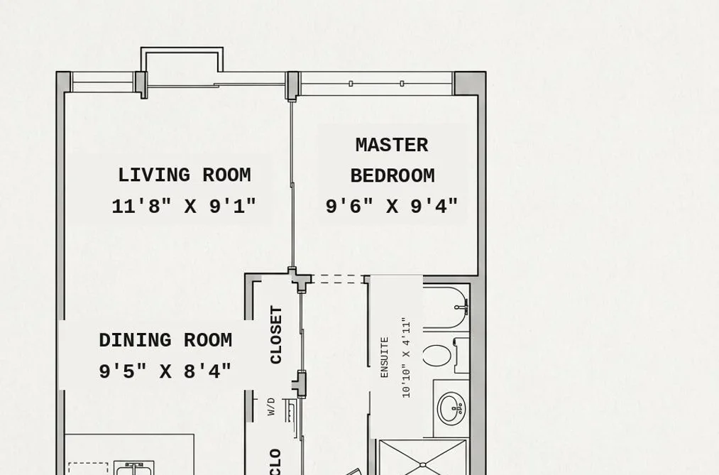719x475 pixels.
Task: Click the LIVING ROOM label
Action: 185,175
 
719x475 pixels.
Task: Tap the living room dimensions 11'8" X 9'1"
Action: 184,207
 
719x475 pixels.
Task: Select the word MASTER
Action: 392,146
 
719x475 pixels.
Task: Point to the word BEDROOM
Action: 393,176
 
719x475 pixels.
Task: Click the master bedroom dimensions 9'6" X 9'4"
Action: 392,207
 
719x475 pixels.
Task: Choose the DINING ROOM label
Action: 165,340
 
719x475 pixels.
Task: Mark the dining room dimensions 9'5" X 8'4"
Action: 165,371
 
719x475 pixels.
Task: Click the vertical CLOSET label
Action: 276,334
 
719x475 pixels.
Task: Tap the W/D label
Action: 271,407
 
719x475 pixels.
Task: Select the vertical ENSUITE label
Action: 384,358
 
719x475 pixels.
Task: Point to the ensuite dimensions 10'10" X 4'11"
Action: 406,358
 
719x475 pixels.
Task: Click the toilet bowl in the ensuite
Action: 437,356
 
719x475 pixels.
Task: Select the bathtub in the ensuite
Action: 446,307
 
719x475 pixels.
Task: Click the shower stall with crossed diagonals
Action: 422,457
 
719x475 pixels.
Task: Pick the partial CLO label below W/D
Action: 275,462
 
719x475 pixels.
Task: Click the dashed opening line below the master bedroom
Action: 338,279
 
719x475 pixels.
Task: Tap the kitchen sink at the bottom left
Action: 134,468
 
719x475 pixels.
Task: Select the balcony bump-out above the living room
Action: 182,60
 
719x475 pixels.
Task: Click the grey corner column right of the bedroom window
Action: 469,84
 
